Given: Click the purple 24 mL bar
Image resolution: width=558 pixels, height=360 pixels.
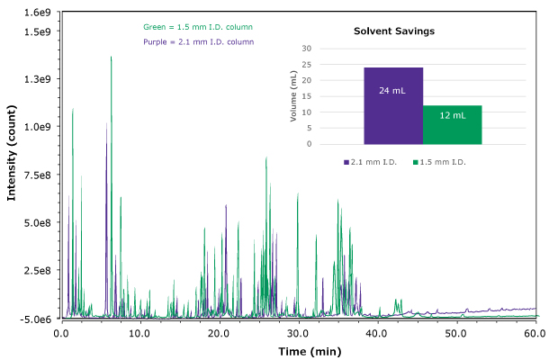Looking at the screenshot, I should (393, 105).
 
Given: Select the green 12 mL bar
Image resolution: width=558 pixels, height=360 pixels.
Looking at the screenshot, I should (453, 124).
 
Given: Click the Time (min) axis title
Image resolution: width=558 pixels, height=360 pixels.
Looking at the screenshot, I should (298, 349).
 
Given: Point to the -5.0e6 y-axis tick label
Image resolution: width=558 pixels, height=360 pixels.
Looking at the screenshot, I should (37, 319).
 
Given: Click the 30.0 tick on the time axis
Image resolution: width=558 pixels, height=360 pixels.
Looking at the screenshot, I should (298, 333).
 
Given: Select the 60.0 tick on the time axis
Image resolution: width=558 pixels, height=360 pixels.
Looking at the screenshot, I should (535, 333).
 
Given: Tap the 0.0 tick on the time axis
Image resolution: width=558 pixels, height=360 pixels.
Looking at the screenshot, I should (61, 333).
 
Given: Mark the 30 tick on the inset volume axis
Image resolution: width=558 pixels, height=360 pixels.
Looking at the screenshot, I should (306, 49).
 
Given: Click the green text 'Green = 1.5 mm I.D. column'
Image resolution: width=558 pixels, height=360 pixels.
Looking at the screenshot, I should (198, 28).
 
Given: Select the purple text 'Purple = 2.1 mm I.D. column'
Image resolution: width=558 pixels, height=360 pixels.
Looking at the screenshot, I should (198, 42).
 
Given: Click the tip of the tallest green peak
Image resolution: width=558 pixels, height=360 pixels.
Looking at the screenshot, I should (111, 57).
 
